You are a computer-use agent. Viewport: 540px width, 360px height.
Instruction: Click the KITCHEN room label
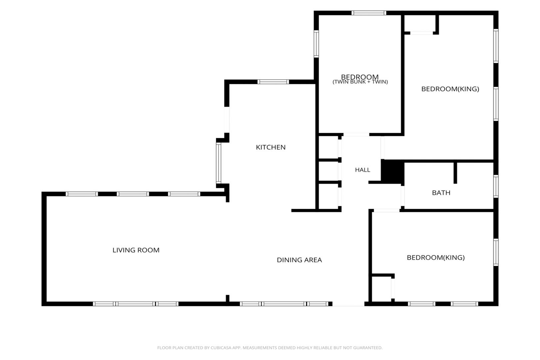point(270,147)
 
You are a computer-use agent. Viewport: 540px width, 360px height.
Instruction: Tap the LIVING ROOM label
point(136,250)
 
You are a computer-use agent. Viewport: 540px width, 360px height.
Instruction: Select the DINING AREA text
point(299,260)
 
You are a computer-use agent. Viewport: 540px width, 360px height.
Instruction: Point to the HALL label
point(362,170)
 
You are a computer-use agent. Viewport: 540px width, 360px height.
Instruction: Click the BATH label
point(441,193)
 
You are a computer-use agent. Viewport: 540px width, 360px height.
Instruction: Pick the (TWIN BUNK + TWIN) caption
point(360,82)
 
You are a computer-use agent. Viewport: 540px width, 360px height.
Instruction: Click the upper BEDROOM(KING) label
point(450,89)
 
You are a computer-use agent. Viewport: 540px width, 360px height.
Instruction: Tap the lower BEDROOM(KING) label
point(436,258)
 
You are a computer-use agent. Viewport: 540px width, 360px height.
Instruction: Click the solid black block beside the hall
point(392,172)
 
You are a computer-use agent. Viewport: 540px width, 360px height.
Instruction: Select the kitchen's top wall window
point(273,82)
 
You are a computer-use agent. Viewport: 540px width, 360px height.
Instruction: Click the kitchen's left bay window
point(219,163)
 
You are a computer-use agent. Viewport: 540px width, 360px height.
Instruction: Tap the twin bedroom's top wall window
point(368,13)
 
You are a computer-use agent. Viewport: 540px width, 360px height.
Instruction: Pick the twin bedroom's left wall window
point(316,44)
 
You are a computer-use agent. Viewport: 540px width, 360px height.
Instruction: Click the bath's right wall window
point(496,186)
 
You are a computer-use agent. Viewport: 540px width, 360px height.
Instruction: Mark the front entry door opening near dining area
point(348,304)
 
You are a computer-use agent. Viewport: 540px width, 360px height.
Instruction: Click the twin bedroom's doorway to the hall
point(356,134)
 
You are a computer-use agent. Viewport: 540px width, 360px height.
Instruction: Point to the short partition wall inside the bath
point(455,173)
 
